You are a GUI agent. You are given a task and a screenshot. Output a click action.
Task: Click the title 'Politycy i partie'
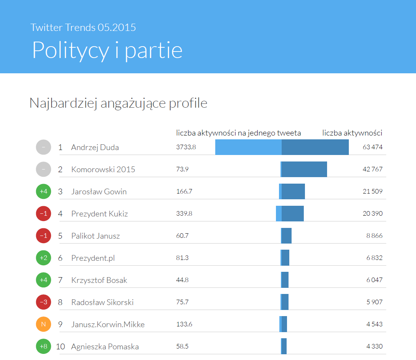pyautogui.click(x=107, y=50)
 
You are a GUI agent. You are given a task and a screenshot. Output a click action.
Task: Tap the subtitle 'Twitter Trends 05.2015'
pyautogui.click(x=83, y=27)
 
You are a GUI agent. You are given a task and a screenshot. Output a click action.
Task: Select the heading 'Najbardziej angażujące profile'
pyautogui.click(x=118, y=103)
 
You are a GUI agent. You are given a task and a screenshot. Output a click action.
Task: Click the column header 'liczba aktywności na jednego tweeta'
pyautogui.click(x=239, y=133)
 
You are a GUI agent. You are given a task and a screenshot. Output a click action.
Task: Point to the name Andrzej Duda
pyautogui.click(x=95, y=147)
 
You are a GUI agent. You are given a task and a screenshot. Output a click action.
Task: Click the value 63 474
pyautogui.click(x=372, y=147)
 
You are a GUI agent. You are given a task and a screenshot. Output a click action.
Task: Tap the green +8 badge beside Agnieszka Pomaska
pyautogui.click(x=44, y=347)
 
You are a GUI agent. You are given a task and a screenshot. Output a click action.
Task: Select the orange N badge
pyautogui.click(x=44, y=324)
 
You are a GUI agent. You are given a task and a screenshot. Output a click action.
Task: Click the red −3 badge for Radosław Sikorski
pyautogui.click(x=44, y=302)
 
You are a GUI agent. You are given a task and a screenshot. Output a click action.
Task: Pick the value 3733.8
pyautogui.click(x=186, y=147)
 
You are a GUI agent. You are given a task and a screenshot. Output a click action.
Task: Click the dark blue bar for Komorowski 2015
pyautogui.click(x=304, y=169)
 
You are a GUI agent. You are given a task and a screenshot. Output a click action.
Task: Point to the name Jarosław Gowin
pyautogui.click(x=99, y=192)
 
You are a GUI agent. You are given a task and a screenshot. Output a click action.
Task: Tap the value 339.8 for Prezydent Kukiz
pyautogui.click(x=184, y=213)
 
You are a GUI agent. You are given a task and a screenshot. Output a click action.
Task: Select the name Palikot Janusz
pyautogui.click(x=95, y=236)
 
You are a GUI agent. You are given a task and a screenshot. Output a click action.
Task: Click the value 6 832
pyautogui.click(x=374, y=258)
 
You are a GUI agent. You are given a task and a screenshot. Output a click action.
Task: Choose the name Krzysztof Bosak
pyautogui.click(x=99, y=280)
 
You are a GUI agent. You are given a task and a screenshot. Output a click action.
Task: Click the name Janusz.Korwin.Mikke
pyautogui.click(x=108, y=324)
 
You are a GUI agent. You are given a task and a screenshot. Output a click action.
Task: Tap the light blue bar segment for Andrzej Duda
pyautogui.click(x=248, y=147)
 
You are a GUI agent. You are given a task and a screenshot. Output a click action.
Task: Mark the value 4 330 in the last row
pyautogui.click(x=374, y=346)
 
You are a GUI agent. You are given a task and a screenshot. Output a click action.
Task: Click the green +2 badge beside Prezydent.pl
pyautogui.click(x=44, y=258)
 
